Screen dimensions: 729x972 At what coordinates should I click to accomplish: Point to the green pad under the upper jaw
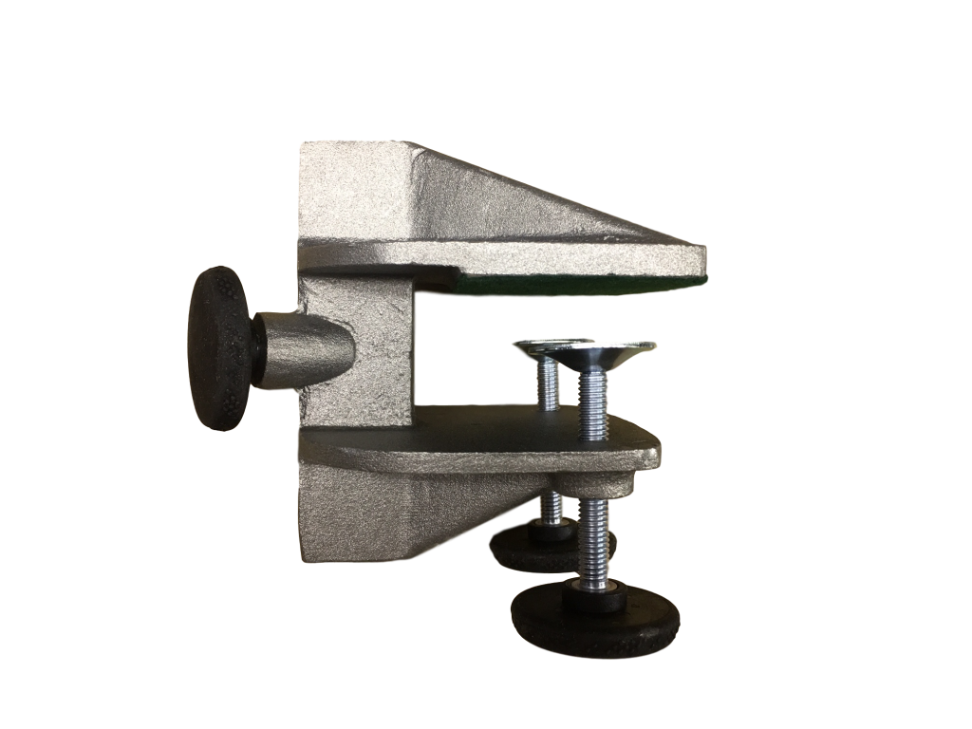579,286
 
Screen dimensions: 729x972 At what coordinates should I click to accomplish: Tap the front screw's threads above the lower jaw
593,403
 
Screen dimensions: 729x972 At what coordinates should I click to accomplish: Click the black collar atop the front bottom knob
595,595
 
